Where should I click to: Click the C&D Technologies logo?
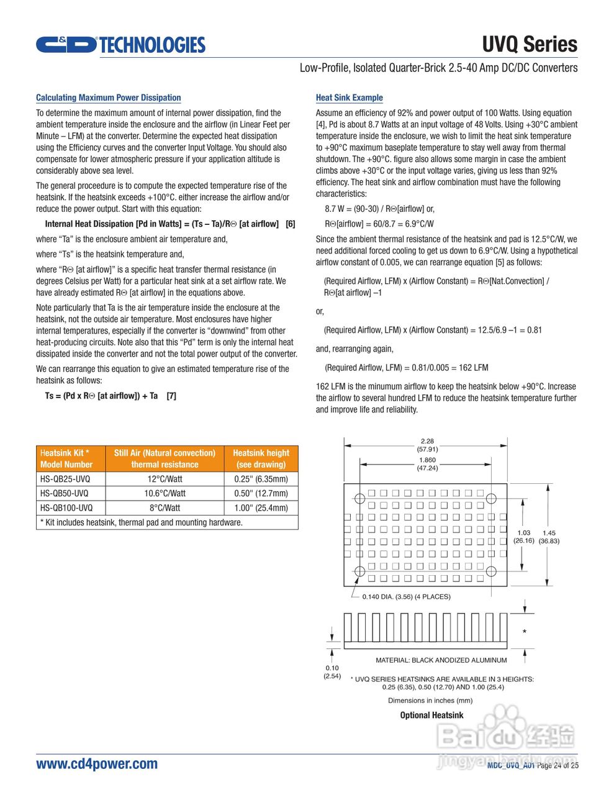[x=120, y=45]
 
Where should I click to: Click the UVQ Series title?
[x=529, y=45]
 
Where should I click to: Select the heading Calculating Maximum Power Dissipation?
[x=108, y=98]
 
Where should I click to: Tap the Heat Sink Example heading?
[x=349, y=98]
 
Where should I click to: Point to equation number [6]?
[x=290, y=224]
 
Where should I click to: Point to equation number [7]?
[x=171, y=396]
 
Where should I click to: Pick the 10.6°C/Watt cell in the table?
[x=165, y=493]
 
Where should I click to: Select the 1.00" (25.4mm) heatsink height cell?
[x=261, y=507]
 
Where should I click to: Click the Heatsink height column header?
[x=261, y=458]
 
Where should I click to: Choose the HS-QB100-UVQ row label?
[x=66, y=507]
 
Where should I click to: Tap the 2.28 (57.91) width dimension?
[x=427, y=445]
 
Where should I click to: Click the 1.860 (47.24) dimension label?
[x=427, y=464]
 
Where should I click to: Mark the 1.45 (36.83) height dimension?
[x=549, y=537]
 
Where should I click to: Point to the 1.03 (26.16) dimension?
[x=523, y=537]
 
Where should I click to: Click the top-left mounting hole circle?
[x=359, y=498]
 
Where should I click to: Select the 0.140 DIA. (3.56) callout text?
[x=406, y=596]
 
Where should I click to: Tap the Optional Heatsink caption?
[x=431, y=715]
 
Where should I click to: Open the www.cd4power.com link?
[x=97, y=763]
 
